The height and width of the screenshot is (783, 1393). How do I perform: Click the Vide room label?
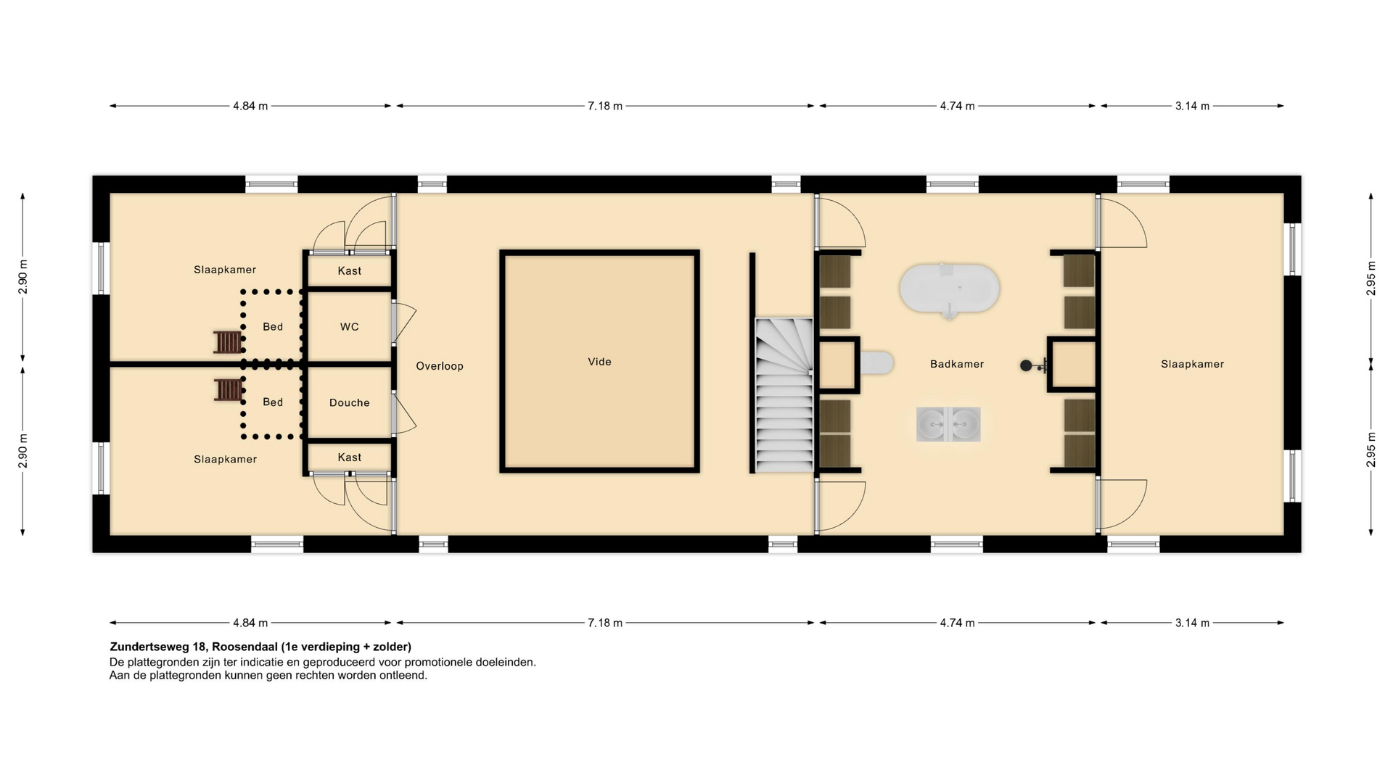click(599, 362)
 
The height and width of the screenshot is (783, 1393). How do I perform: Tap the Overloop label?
click(440, 366)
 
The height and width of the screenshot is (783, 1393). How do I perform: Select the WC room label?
click(349, 327)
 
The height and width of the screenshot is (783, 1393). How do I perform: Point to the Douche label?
click(349, 402)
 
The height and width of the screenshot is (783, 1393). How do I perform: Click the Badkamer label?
click(957, 364)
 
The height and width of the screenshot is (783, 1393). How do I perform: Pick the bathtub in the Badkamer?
click(949, 289)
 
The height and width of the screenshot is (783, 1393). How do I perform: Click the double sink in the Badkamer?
click(948, 424)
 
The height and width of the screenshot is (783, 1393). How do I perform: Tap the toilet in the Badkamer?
click(876, 362)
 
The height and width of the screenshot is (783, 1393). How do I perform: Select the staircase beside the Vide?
click(784, 395)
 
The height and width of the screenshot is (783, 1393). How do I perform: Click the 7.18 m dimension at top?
click(605, 106)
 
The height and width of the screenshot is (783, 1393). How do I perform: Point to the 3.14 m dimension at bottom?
click(1192, 623)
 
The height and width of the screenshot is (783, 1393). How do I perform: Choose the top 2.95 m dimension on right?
click(1371, 278)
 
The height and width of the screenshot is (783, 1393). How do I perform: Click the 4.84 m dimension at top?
click(250, 106)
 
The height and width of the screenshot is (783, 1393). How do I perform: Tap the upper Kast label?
click(349, 271)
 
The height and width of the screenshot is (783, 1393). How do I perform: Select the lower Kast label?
click(349, 457)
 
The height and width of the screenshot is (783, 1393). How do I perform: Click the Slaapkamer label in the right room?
click(1192, 364)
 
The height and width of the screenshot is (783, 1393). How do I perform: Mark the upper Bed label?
click(273, 327)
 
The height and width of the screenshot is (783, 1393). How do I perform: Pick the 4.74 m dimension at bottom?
click(957, 623)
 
